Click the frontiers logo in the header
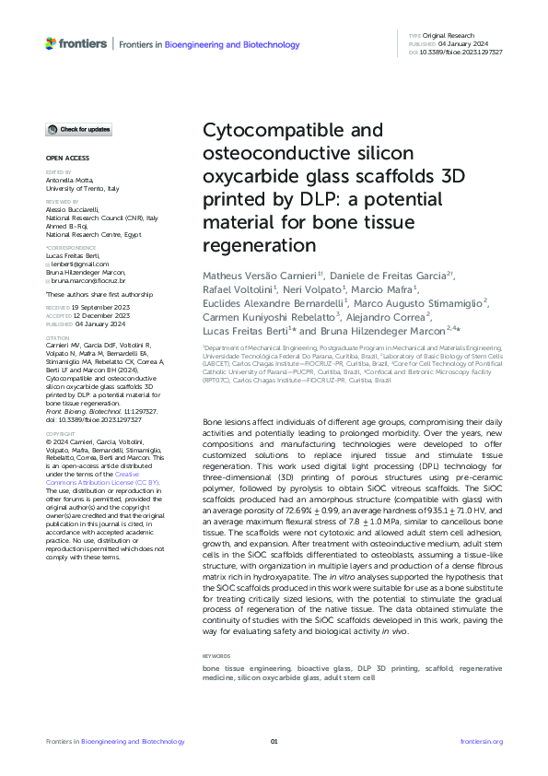point(76,43)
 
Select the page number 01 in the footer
point(274,741)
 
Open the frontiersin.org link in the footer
point(481,741)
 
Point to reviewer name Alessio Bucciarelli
point(75,209)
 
